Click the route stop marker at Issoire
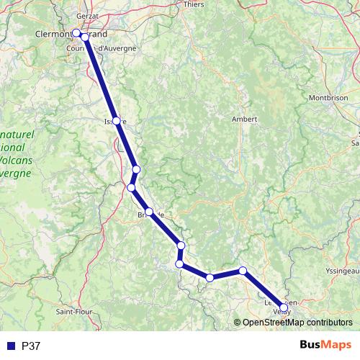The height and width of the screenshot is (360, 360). click(x=116, y=121)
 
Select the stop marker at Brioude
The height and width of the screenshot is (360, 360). click(x=150, y=212)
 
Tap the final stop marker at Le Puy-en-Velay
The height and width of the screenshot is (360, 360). click(x=283, y=308)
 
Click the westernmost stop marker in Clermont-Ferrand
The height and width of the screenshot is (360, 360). click(x=76, y=32)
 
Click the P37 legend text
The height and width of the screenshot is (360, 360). click(x=31, y=346)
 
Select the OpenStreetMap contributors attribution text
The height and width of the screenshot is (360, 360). click(x=297, y=322)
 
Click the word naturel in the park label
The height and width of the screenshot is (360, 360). click(x=16, y=134)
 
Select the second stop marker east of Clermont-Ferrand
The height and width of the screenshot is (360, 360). click(x=85, y=36)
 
